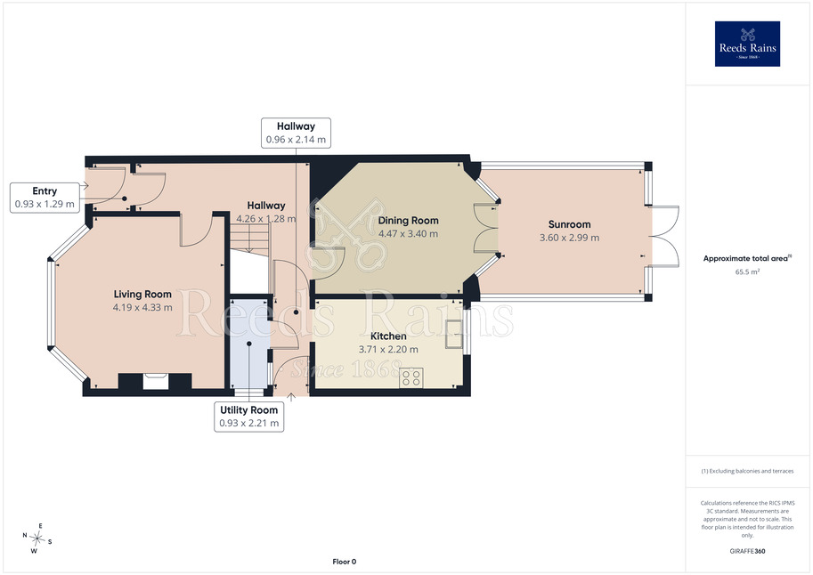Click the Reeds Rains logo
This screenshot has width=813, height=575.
(x=747, y=44)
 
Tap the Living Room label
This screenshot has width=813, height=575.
(x=142, y=294)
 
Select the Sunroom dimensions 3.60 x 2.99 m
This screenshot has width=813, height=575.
(x=569, y=238)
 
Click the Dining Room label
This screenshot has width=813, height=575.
(x=408, y=221)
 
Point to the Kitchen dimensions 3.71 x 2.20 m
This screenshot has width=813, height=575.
(x=388, y=350)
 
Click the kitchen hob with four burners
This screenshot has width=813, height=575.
(x=411, y=377)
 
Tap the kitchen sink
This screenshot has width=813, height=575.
(x=453, y=335)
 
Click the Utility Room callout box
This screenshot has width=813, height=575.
(x=248, y=417)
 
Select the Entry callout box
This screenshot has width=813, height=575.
(x=45, y=198)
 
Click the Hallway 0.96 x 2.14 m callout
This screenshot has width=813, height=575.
(x=296, y=133)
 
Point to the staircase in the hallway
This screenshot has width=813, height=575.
(x=250, y=240)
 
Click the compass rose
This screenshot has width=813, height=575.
(x=37, y=539)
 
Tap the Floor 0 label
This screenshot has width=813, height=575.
(x=345, y=562)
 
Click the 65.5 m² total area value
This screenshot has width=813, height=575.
(x=747, y=271)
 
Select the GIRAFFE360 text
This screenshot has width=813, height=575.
(x=747, y=551)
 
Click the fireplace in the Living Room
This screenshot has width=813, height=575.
(x=155, y=381)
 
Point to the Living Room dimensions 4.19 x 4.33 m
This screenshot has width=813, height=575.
(x=142, y=307)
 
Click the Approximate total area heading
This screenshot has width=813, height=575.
(x=747, y=258)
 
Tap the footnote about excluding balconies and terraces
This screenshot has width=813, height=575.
(x=747, y=471)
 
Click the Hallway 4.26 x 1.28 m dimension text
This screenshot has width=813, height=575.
(x=266, y=219)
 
